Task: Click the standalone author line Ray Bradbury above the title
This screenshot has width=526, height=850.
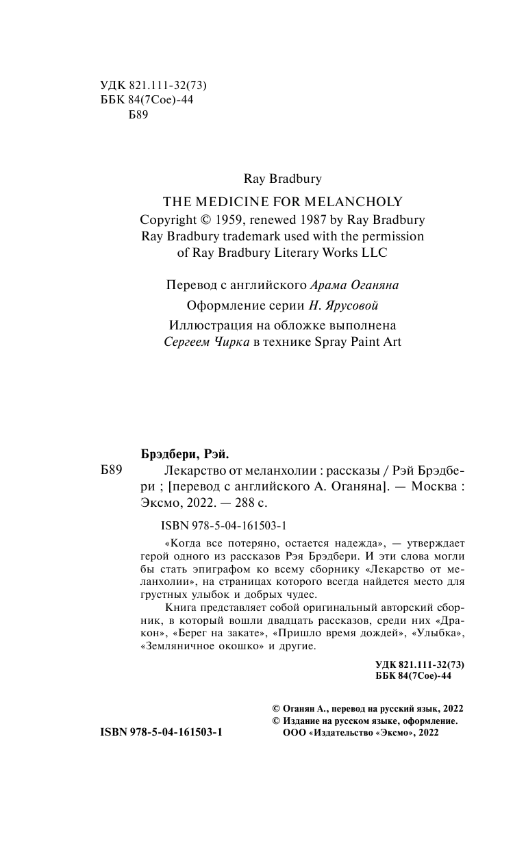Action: pos(282,178)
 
